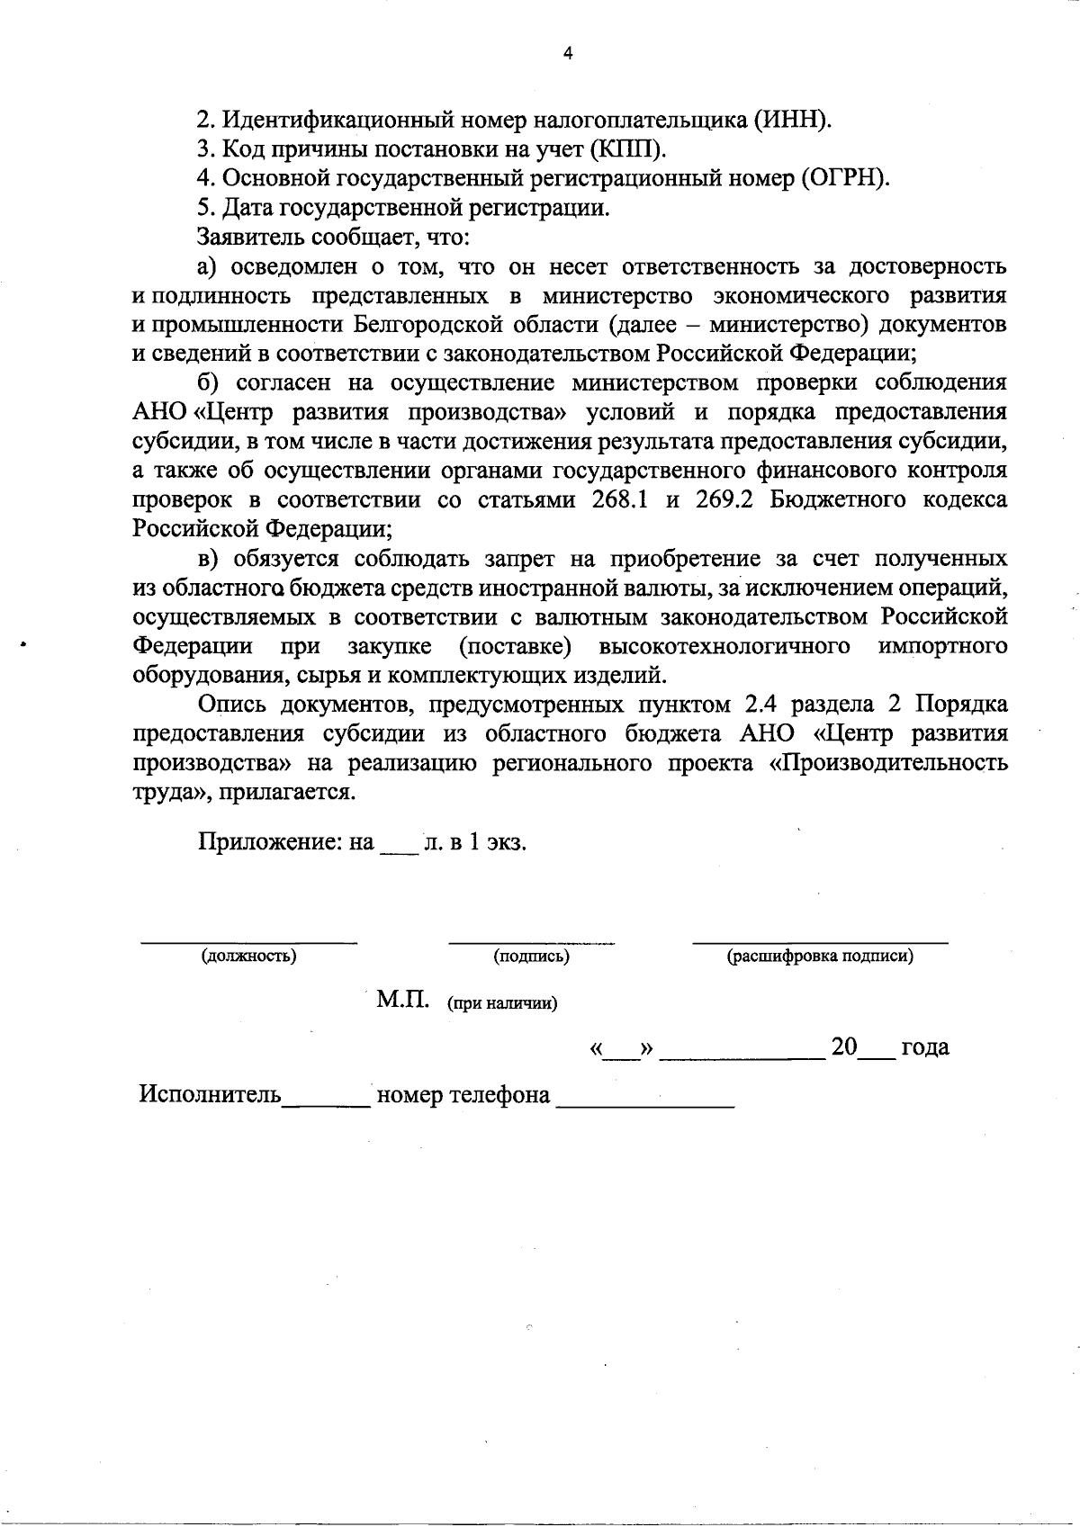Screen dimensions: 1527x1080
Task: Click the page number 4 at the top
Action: point(567,53)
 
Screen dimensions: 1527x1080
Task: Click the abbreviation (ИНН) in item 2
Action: point(792,120)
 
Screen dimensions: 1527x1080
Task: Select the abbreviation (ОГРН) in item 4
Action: point(844,178)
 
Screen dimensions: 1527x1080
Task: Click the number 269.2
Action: point(724,500)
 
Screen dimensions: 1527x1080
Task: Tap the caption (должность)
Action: point(249,957)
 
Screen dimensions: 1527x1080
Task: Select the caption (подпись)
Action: point(532,957)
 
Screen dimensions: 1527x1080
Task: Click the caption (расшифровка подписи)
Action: point(820,957)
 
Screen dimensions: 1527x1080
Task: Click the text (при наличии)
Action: point(502,1004)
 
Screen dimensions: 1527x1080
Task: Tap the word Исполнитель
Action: point(210,1095)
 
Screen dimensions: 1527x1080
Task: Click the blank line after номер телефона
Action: point(645,1103)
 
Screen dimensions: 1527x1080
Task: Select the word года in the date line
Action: point(925,1047)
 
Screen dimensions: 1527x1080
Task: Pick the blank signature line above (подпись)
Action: point(531,942)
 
